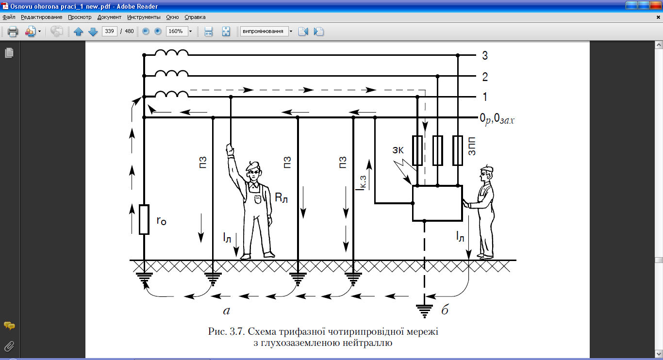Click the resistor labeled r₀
pos(144,220)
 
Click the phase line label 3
pos(484,55)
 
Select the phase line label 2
pos(484,77)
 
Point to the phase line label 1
pos(484,98)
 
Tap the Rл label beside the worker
pos(282,197)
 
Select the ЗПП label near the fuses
pos(471,146)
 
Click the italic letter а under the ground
pos(226,310)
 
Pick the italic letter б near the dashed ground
pos(445,310)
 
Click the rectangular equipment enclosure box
pos(436,203)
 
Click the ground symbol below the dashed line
pos(425,310)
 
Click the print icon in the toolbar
pos(13,32)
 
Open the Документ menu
pos(109,17)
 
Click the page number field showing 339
pos(109,32)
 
